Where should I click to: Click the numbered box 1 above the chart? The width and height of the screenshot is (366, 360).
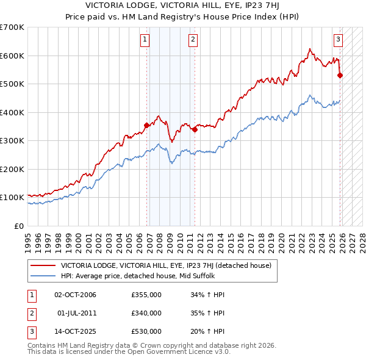click(x=145, y=40)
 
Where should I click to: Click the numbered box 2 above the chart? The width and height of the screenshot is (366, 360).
click(x=193, y=40)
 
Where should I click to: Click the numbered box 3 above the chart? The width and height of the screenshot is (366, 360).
click(x=338, y=40)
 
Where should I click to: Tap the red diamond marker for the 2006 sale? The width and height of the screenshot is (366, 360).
click(x=146, y=126)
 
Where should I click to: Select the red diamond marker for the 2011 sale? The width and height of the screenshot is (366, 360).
click(x=195, y=129)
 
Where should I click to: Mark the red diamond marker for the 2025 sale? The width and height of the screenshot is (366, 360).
click(x=340, y=76)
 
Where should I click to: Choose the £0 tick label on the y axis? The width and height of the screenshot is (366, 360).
click(x=18, y=226)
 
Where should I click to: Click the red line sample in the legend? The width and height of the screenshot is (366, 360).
click(x=42, y=265)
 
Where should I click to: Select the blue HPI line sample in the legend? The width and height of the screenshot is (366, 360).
click(x=42, y=276)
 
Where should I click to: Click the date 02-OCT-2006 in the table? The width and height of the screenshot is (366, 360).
click(x=76, y=295)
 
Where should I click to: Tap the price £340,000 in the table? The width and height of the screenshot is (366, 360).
click(x=146, y=313)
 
